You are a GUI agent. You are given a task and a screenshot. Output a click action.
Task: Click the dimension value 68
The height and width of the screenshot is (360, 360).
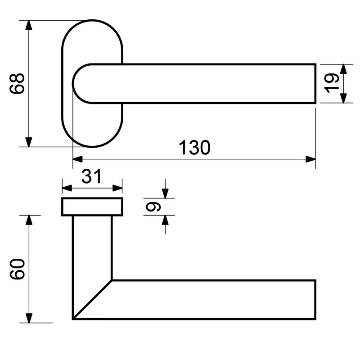pos(17,84)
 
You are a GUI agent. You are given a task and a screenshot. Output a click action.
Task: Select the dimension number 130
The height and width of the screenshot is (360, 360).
pos(194,148)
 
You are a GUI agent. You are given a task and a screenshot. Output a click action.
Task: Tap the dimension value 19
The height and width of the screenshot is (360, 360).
pos(331,83)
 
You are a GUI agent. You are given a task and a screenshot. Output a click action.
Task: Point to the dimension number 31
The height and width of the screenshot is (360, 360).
pos(91,176)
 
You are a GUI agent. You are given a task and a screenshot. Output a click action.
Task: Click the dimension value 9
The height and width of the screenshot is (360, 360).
pos(153,207)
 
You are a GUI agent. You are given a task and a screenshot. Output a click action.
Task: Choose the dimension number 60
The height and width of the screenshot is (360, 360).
pos(17,269)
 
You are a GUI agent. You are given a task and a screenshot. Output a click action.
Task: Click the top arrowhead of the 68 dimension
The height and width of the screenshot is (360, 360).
pos(28,25)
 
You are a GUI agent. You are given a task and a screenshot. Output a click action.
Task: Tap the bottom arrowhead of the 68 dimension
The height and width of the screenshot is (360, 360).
pos(28,142)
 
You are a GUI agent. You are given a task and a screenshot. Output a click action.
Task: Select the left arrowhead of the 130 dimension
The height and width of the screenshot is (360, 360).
pos(77,159)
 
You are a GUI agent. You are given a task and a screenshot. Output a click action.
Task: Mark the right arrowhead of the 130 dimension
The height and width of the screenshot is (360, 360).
pos(310,159)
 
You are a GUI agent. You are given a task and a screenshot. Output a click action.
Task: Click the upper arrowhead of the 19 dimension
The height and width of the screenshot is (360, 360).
pos(343,69)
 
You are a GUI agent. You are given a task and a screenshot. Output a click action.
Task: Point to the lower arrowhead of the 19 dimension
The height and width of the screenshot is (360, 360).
pos(343,98)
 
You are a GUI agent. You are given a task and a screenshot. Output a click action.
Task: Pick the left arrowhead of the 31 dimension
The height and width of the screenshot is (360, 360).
pos(67,188)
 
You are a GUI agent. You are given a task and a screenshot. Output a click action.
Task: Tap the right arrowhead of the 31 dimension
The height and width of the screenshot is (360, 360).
pos(117,188)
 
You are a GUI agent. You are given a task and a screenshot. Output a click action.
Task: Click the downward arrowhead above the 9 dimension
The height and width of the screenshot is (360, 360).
pos(165,193)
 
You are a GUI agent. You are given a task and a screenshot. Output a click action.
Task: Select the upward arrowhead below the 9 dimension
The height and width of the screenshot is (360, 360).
pos(165,220)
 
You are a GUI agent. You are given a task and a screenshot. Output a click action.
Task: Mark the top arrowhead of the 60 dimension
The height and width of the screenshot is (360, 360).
pos(29,220)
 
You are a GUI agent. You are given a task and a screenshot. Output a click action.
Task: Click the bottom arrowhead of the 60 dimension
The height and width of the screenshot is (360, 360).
pos(29,318)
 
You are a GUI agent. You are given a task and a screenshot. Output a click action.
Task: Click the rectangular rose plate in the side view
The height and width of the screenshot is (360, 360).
pos(92,207)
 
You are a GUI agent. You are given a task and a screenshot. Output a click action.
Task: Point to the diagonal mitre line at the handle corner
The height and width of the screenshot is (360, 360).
pos(92,300)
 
